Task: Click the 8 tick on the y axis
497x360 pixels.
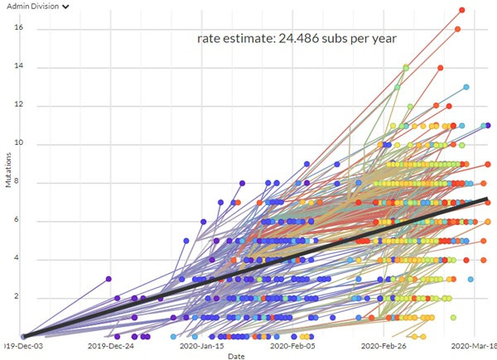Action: [x=17, y=182]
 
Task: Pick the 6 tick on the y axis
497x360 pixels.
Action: [x=17, y=220]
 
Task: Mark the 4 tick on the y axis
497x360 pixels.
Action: [x=17, y=258]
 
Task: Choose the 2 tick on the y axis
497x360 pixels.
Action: [x=17, y=297]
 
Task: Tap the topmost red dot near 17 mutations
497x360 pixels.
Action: [x=462, y=10]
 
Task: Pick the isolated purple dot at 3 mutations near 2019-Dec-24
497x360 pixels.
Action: [x=109, y=279]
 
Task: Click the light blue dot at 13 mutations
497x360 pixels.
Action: [x=466, y=87]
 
